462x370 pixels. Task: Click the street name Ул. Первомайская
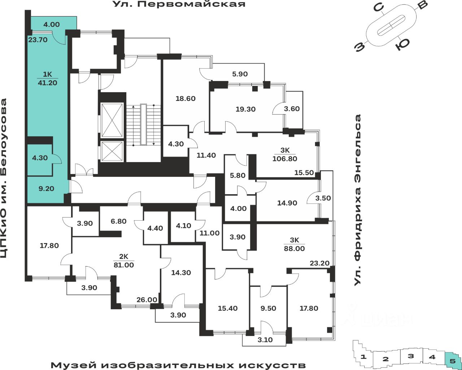point(179,4)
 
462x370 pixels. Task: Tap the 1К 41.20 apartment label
point(48,78)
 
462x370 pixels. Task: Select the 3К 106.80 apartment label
point(285,155)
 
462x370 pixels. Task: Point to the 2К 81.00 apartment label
point(124,261)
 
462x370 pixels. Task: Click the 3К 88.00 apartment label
point(295,244)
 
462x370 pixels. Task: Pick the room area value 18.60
point(186,98)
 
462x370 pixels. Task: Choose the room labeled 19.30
point(245,109)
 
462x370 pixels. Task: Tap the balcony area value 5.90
point(240,74)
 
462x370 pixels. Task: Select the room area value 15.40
point(228,308)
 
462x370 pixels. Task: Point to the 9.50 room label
point(268,308)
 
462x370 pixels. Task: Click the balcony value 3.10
point(265,340)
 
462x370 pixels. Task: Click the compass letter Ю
point(402,44)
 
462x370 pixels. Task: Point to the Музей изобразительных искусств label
point(178,365)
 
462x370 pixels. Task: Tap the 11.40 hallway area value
point(206,155)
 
